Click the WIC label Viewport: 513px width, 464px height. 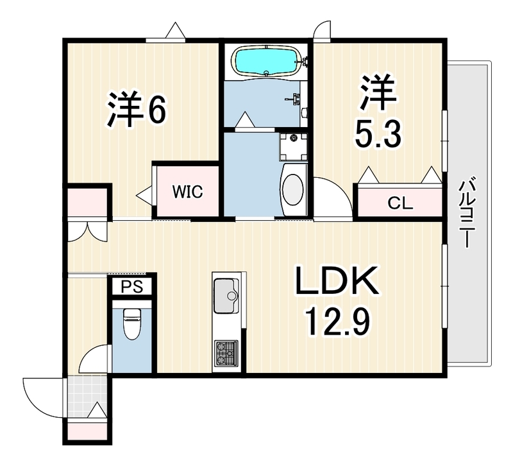187,192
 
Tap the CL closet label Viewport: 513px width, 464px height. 400,203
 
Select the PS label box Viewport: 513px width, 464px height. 132,286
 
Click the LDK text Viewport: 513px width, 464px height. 337,281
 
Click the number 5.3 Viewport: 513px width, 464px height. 378,133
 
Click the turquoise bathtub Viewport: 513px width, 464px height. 266,61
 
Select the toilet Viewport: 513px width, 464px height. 131,323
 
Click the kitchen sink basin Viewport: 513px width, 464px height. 226,296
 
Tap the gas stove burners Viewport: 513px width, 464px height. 226,354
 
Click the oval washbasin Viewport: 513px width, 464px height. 293,189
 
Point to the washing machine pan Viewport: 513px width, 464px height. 294,147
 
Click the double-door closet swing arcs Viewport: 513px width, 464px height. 87,232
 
